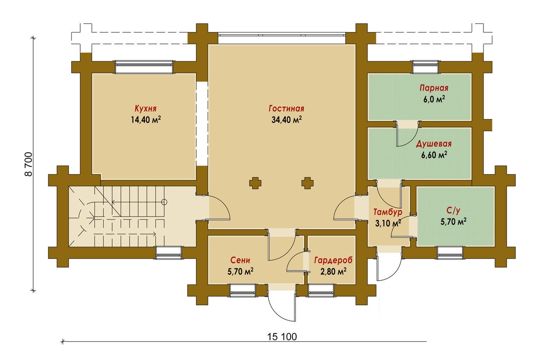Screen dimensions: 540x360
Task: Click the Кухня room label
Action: coord(146,109)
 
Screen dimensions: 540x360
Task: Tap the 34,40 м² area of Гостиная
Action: coord(286,119)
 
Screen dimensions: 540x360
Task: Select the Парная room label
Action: coord(434,88)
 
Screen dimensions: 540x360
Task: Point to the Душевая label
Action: coord(434,144)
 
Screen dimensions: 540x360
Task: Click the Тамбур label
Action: coord(388,212)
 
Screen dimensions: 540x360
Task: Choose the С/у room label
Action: coord(453,211)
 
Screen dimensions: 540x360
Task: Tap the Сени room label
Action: coord(240,260)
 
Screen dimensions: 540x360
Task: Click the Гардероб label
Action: coord(333,260)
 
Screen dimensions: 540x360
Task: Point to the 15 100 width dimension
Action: coord(282,337)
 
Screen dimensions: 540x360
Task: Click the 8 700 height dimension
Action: coord(28,164)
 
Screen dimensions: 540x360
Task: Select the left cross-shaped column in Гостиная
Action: coord(255,183)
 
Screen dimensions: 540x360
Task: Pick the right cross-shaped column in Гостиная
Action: coord(308,183)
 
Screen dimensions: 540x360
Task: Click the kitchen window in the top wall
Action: coord(144,67)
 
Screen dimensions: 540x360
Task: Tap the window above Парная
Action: coord(425,67)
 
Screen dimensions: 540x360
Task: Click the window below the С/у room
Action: coord(450,253)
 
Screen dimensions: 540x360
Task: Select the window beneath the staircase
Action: coord(168,253)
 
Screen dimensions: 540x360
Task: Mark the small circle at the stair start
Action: coord(165,202)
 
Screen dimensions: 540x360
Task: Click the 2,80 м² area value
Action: coord(333,271)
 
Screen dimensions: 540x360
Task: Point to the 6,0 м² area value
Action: coord(434,99)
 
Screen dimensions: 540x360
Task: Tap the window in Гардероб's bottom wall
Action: coord(321,291)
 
